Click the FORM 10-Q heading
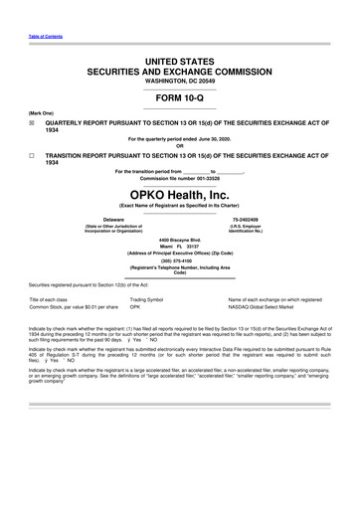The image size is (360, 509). pyautogui.click(x=179, y=97)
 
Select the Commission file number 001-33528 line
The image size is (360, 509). pyautogui.click(x=179, y=178)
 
